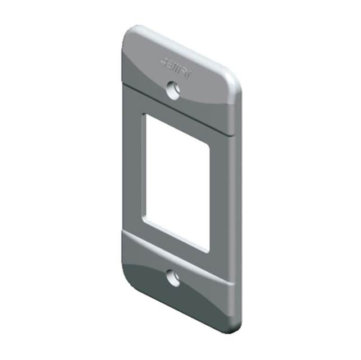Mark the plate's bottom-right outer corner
coord(236,328)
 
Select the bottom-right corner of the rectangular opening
coord(209,251)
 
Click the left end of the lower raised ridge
coord(124,236)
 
